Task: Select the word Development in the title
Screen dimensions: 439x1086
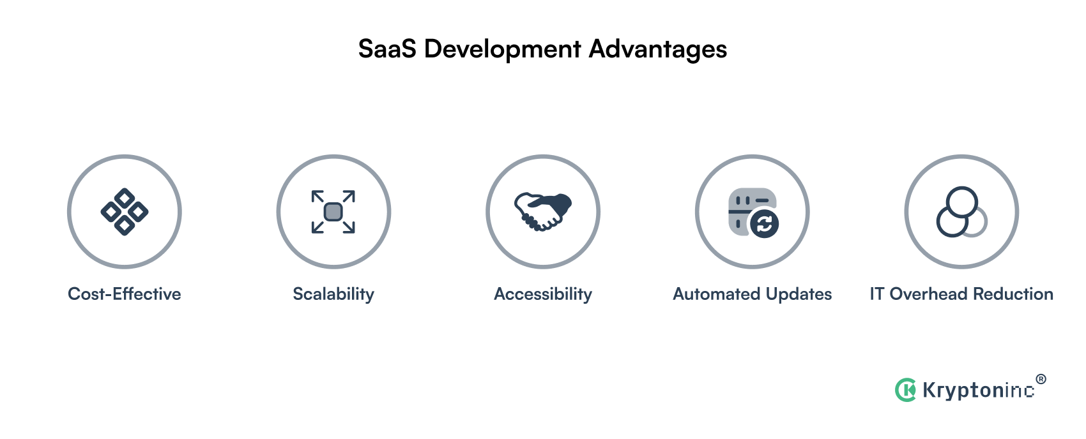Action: pyautogui.click(x=503, y=50)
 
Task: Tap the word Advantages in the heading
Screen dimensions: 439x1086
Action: pyautogui.click(x=658, y=50)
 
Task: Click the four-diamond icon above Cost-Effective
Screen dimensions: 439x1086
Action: pyautogui.click(x=125, y=212)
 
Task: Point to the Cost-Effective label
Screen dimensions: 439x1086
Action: pyautogui.click(x=125, y=294)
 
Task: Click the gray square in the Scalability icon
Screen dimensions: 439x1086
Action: pyautogui.click(x=333, y=212)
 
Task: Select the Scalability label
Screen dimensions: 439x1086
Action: pyautogui.click(x=333, y=294)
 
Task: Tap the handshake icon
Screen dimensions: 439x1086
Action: pyautogui.click(x=543, y=211)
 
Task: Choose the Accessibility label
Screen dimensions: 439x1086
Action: pyautogui.click(x=543, y=294)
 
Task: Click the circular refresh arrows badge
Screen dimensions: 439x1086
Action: pyautogui.click(x=765, y=224)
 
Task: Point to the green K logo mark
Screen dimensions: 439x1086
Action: pyautogui.click(x=905, y=389)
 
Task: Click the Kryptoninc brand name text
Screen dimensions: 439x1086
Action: pyautogui.click(x=978, y=390)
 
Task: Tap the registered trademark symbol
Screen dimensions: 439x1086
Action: pyautogui.click(x=1041, y=379)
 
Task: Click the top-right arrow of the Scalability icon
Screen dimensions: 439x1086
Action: pyautogui.click(x=348, y=197)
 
